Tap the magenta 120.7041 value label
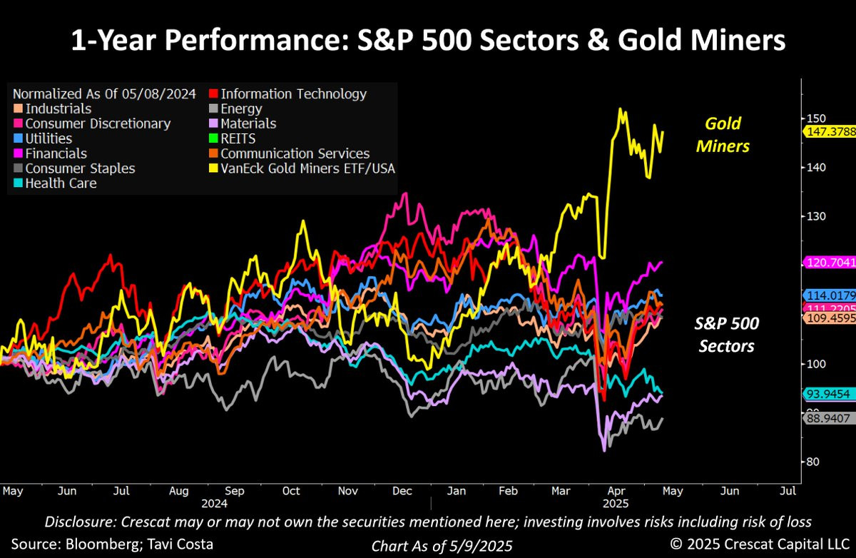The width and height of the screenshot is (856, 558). tap(829, 263)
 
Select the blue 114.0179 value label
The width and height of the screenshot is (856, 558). tap(829, 295)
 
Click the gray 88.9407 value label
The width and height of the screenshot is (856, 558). tap(829, 418)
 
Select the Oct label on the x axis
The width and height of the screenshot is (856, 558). tap(291, 492)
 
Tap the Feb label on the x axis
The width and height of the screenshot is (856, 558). tap(507, 492)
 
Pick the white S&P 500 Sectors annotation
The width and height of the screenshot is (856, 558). tap(726, 335)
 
